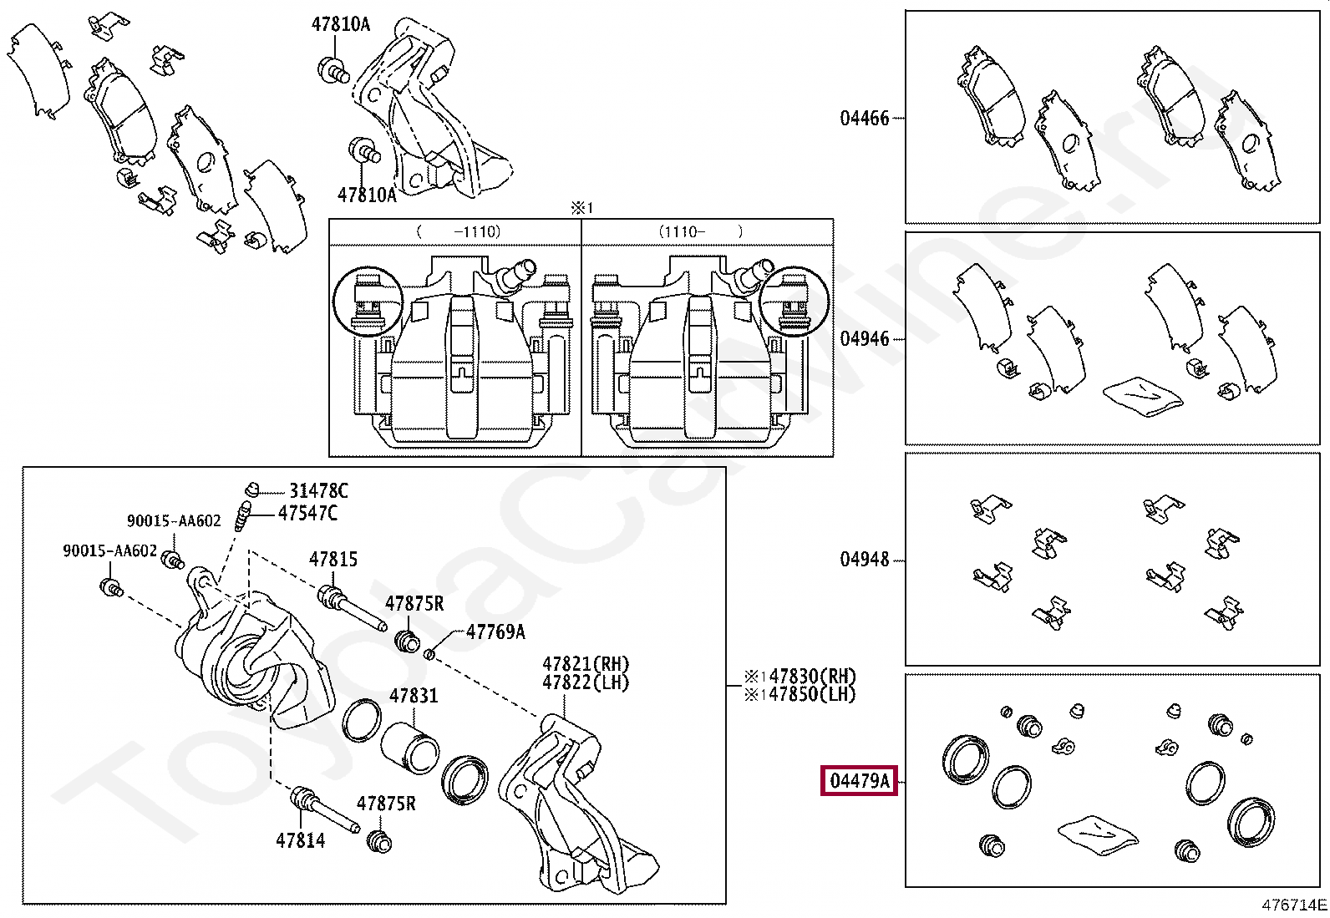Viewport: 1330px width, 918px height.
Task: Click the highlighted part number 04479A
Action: [x=859, y=780]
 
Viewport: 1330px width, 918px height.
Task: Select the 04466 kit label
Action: [x=864, y=118]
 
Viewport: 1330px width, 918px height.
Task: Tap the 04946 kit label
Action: [x=864, y=338]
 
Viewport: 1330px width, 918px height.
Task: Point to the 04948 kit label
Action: [x=864, y=560]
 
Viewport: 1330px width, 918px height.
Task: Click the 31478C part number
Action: [x=318, y=491]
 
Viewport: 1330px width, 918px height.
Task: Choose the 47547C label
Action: [x=307, y=512]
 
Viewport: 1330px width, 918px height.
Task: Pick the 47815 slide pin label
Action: [x=333, y=559]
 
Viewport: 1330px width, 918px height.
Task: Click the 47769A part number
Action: [x=495, y=631]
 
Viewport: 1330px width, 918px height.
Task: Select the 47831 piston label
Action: [x=414, y=695]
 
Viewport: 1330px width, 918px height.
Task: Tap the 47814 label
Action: [x=301, y=840]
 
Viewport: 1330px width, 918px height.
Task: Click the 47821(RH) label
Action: [x=586, y=664]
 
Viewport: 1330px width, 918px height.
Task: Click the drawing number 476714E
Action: [x=1294, y=905]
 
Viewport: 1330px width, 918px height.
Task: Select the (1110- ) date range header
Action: [x=700, y=231]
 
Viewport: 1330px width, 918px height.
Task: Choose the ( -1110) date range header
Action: [x=459, y=231]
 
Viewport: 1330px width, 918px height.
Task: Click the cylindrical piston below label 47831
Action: [x=409, y=748]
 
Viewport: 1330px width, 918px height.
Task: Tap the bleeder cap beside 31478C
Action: [x=251, y=489]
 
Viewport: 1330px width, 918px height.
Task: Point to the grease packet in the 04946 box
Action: [x=1143, y=396]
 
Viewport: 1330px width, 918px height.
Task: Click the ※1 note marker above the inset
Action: [x=581, y=208]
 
